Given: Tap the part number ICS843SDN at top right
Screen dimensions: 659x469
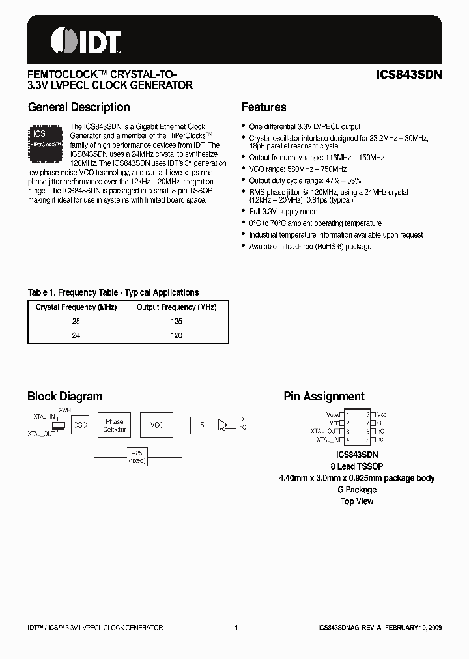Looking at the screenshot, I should click(x=409, y=74).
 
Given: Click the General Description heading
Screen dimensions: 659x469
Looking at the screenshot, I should click(x=79, y=107).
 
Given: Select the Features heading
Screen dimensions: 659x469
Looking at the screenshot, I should click(x=264, y=107).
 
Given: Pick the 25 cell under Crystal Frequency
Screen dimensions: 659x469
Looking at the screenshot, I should click(x=77, y=322).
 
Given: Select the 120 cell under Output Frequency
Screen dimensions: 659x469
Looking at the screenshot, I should click(x=176, y=335).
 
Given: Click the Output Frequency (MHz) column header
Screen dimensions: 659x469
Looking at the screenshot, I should click(x=176, y=307).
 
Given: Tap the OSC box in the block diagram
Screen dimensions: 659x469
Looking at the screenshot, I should click(x=79, y=425).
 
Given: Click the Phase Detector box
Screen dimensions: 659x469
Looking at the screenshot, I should click(x=114, y=425).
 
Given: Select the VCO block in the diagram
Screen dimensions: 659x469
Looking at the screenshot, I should click(x=157, y=425).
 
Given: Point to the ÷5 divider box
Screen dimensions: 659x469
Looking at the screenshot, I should click(x=201, y=425).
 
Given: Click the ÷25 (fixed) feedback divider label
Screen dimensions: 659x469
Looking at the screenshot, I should click(x=137, y=456).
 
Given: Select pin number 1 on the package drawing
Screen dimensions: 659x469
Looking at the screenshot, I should click(x=348, y=414).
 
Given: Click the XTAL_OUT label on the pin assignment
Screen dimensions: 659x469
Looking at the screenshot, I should click(x=324, y=431).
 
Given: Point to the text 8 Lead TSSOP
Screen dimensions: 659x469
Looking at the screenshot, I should click(x=357, y=466).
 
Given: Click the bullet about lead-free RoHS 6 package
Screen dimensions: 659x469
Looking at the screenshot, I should click(x=310, y=247).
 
